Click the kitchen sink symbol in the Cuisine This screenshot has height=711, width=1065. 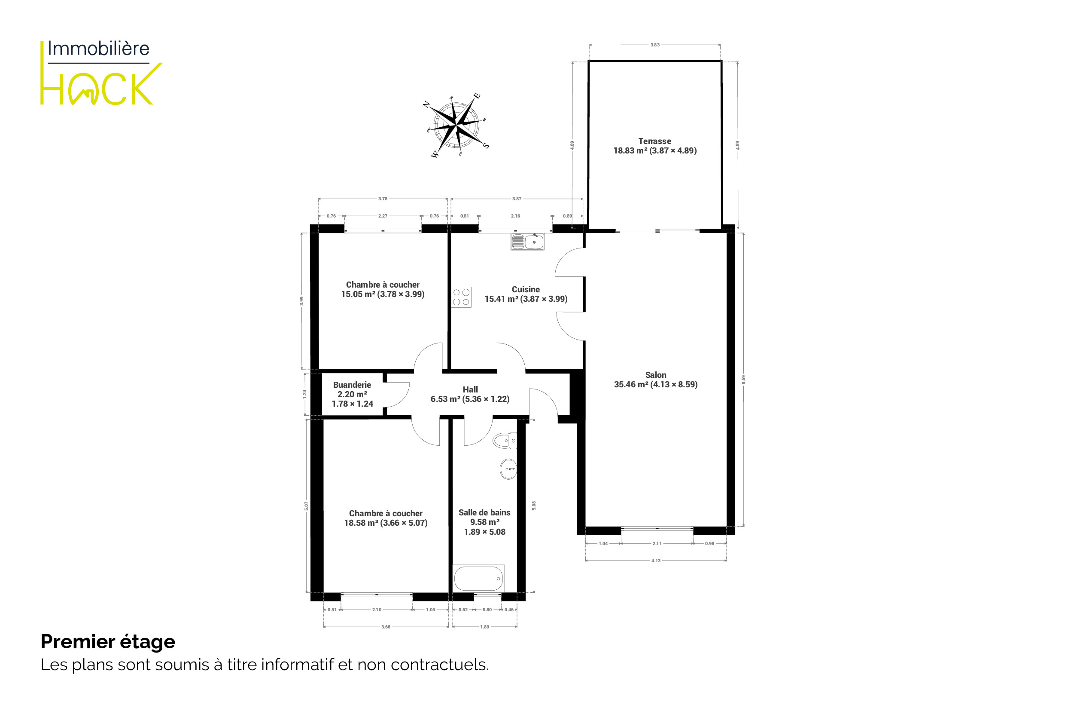(x=527, y=242)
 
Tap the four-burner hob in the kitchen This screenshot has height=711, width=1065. (x=461, y=297)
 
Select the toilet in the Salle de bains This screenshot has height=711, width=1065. (x=505, y=440)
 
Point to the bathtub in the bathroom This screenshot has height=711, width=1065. (x=479, y=578)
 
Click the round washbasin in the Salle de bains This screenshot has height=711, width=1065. (x=508, y=469)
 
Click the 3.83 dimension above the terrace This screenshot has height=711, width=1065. (x=655, y=45)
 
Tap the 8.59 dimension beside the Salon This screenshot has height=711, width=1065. (x=743, y=380)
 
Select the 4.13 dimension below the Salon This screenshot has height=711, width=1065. (x=656, y=561)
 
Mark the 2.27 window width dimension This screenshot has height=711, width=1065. (x=383, y=216)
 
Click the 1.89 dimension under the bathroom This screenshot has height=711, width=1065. (x=485, y=627)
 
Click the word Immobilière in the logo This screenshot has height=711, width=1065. (x=98, y=49)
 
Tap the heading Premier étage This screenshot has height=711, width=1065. (x=108, y=642)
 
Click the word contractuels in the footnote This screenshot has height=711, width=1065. (x=440, y=665)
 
